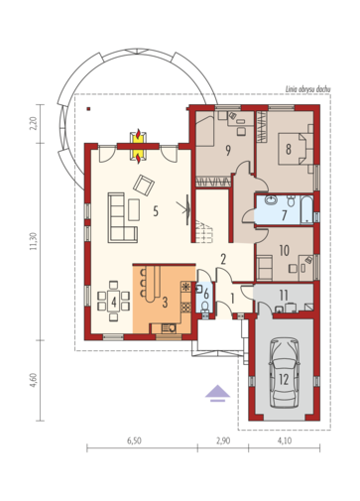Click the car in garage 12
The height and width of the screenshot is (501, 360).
(x=284, y=373)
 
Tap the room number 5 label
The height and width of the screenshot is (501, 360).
(x=156, y=211)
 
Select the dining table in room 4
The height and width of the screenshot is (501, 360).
(x=114, y=301)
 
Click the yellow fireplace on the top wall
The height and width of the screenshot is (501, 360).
(x=138, y=147)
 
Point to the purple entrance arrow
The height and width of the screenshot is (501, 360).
(x=217, y=393)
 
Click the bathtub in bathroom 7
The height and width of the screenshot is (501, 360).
(x=306, y=209)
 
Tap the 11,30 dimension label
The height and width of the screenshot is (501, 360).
(x=33, y=241)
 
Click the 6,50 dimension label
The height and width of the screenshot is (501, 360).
(x=134, y=440)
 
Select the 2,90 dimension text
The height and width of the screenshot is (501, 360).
(x=223, y=440)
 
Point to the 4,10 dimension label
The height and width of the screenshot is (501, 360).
(x=285, y=440)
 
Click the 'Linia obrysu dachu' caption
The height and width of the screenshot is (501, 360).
(x=307, y=89)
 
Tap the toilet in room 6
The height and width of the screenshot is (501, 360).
(x=205, y=307)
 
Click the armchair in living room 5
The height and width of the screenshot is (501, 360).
(x=144, y=186)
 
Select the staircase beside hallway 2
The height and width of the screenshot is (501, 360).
(x=204, y=232)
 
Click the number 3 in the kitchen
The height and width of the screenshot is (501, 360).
(x=165, y=302)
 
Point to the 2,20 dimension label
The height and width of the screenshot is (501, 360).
(x=33, y=124)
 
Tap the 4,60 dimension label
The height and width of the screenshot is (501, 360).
(x=33, y=381)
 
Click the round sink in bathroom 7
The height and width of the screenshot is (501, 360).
(x=272, y=200)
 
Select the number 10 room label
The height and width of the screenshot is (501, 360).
(x=285, y=250)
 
